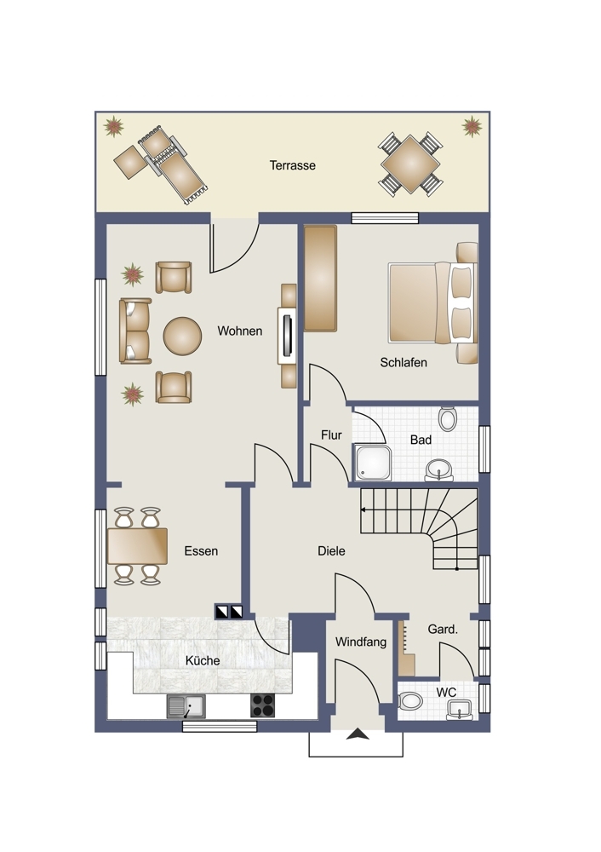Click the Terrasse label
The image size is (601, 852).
pos(292,165)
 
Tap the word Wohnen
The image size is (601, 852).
pos(239,331)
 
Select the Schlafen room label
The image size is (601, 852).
pos(404,362)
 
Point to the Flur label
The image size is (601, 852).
pos(331,435)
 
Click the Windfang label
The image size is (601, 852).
pos(360,642)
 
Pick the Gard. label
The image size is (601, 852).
pos(443,630)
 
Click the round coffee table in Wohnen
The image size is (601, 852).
pos(182,337)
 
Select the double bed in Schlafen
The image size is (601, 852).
pos(432,302)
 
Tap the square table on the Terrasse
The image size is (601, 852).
pos(410,164)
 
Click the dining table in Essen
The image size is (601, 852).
pos(137,546)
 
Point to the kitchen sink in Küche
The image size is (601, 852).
pos(186,706)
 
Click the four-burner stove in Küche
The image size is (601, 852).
pos(262,705)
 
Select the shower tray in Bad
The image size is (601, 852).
pos(373,463)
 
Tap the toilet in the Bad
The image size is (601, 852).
pos(448,419)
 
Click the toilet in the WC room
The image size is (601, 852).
pos(409,701)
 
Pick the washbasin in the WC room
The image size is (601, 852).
pos(460,710)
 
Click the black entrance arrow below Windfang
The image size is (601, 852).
pos(358,734)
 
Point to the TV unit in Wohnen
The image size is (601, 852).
pos(288,336)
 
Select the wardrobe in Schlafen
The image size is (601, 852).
pos(320,279)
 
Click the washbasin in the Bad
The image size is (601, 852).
pos(438,470)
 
